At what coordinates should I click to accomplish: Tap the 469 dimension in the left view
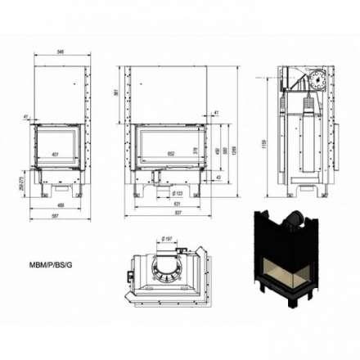click(x=57, y=205)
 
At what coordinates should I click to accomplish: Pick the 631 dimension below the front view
click(x=167, y=205)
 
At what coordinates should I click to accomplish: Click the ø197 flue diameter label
click(x=168, y=238)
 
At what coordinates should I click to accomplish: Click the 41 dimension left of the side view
click(x=26, y=118)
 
